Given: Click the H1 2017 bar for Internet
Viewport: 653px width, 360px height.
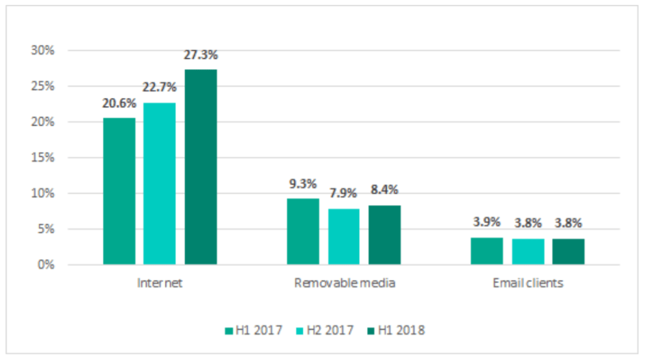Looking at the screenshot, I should click(119, 191).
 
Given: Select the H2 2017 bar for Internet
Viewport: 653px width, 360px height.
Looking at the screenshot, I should click(159, 184).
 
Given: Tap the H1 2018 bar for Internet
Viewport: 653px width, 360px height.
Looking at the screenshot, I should click(200, 167).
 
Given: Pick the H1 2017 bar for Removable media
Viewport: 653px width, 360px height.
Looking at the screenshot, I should click(303, 231).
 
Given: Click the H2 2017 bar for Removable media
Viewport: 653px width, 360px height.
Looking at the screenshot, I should click(344, 236).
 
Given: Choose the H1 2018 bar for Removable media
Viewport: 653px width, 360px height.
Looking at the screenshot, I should click(384, 235).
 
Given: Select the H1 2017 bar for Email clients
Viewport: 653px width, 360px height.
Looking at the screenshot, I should click(486, 251).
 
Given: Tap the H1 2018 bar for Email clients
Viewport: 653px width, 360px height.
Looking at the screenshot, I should click(568, 252).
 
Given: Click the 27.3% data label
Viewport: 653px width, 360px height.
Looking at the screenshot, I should click(200, 55).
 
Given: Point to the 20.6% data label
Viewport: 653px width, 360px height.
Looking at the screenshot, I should click(119, 104).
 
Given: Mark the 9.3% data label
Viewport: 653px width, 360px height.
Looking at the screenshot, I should click(303, 184).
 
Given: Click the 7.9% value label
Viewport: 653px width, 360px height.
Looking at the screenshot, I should click(344, 194).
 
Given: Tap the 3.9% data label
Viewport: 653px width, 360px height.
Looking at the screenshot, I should click(486, 222).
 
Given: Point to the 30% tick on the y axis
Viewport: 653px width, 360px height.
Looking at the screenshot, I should click(43, 51).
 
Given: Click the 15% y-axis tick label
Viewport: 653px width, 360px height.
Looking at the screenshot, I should click(43, 158).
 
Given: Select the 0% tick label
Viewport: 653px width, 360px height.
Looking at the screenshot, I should click(47, 265).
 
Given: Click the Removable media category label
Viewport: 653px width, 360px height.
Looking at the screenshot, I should click(344, 283).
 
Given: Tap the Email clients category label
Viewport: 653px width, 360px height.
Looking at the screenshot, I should click(528, 283).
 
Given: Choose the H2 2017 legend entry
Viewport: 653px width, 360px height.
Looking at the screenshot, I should click(323, 331).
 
